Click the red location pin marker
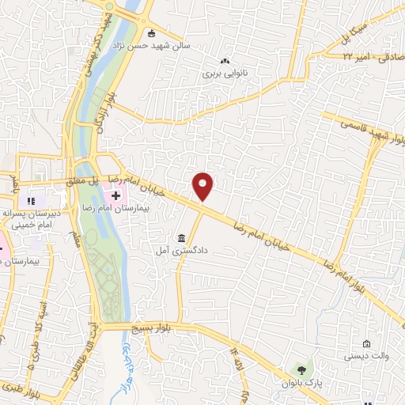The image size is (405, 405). point(203,187)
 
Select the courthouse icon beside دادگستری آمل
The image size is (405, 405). point(182,238)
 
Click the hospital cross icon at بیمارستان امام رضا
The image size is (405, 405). point(116,195)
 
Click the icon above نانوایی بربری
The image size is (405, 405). point(225,61)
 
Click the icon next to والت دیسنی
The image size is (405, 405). point(365,343)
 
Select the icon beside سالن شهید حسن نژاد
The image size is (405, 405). point(152,32)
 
